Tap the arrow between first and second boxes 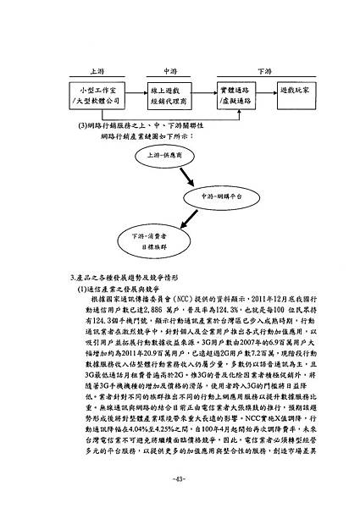click(132, 94)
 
